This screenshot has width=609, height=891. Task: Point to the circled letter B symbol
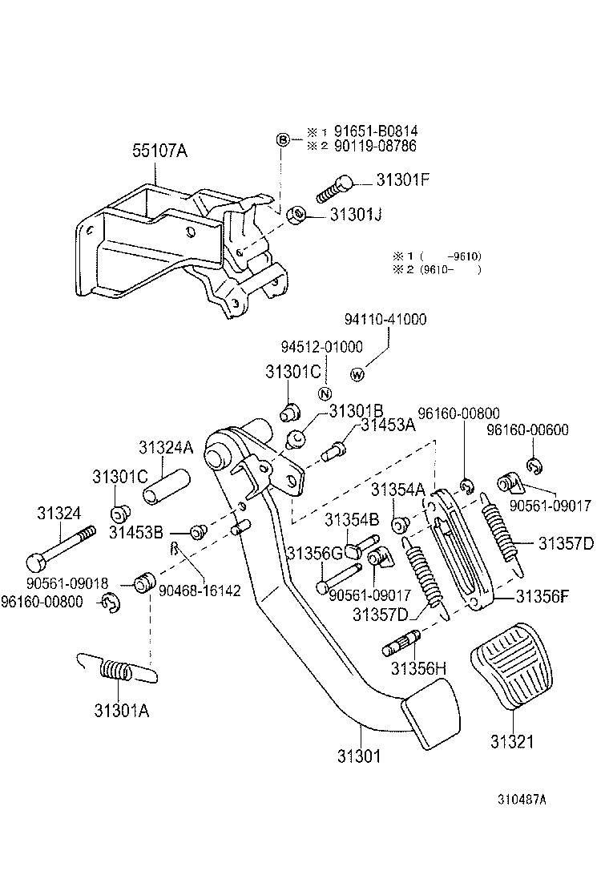tap(283, 139)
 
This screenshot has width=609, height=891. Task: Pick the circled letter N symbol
tap(325, 393)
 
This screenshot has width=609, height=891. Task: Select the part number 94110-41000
tap(385, 319)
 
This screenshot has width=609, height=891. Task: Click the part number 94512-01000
tap(321, 346)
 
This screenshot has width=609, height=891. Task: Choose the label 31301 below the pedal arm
tap(358, 755)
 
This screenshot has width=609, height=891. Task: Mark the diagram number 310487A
tap(522, 799)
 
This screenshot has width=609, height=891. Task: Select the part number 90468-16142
tap(200, 590)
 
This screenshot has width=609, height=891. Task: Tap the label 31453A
tap(388, 426)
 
